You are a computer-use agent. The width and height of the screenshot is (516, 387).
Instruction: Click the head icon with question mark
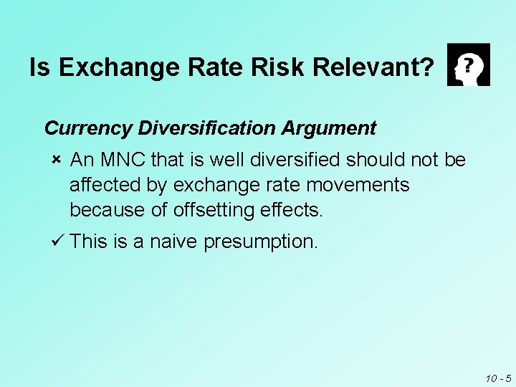click(x=468, y=64)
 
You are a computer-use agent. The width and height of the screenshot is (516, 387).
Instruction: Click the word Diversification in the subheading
click(x=206, y=128)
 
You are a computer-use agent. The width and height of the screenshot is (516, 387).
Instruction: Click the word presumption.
click(x=260, y=242)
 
